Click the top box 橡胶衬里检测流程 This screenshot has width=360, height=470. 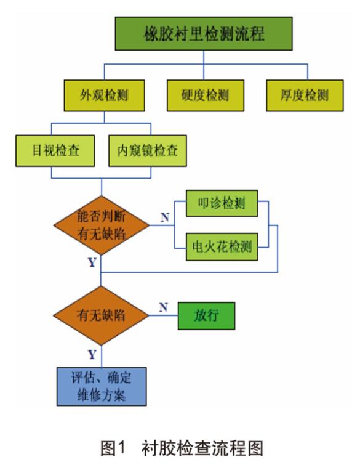click(204, 34)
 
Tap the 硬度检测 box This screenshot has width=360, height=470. click(205, 95)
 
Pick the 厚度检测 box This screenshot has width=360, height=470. click(305, 95)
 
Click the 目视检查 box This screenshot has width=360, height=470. click(55, 150)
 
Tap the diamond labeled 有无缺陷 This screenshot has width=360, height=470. click(101, 315)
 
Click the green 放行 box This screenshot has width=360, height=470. click(206, 315)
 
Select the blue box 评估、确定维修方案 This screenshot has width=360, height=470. click(101, 386)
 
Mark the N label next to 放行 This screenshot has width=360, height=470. click(163, 307)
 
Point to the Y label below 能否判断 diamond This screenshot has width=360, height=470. click(92, 262)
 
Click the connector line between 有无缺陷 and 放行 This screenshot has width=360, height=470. click(164, 315)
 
